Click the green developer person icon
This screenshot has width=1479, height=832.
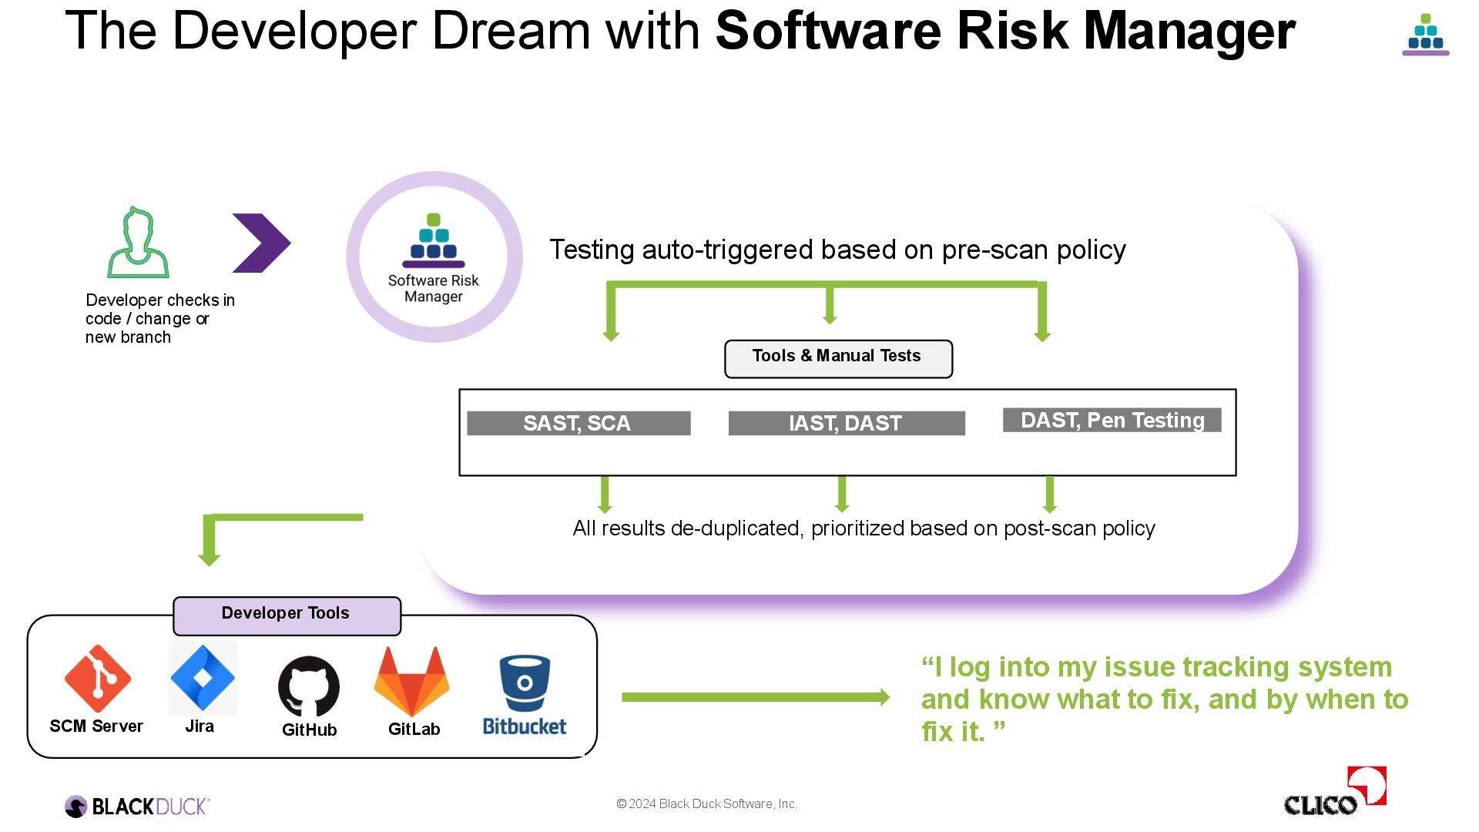click(138, 243)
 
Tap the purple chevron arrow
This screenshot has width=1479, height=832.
click(261, 243)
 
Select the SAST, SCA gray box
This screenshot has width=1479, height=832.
click(579, 423)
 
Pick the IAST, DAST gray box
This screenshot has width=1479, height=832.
click(846, 423)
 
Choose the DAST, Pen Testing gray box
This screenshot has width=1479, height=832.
click(1112, 420)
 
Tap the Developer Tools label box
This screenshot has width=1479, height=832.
click(287, 616)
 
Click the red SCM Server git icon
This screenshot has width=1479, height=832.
click(98, 678)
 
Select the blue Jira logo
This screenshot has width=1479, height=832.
click(202, 678)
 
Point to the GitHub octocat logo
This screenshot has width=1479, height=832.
click(309, 686)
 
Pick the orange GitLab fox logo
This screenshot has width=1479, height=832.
click(412, 682)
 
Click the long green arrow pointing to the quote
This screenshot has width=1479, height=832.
click(755, 697)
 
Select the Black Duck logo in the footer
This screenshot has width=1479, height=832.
click(137, 807)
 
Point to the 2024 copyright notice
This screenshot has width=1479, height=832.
click(706, 803)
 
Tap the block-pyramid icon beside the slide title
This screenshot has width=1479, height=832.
click(1425, 35)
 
